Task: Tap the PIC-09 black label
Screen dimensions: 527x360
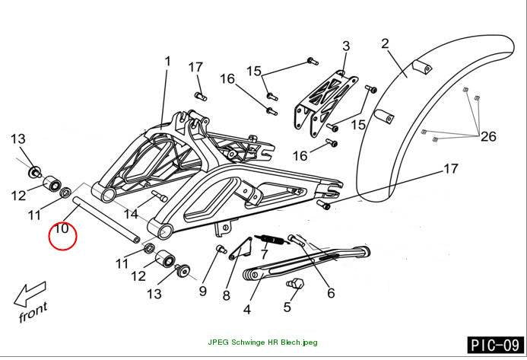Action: click(x=495, y=345)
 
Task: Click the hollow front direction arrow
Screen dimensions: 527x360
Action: click(x=30, y=294)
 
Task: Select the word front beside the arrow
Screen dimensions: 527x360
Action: click(x=33, y=313)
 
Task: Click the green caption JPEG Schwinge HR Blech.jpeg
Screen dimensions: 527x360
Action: click(x=262, y=342)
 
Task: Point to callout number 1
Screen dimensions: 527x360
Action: click(x=167, y=62)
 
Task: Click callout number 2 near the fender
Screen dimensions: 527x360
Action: click(x=385, y=43)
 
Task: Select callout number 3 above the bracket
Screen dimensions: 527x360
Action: click(x=346, y=46)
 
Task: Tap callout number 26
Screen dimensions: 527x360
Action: click(x=488, y=136)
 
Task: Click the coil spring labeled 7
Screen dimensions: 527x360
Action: click(x=271, y=240)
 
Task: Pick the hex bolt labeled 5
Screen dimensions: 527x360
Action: click(x=295, y=283)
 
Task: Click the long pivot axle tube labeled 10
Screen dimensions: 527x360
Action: click(x=106, y=219)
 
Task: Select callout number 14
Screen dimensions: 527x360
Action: click(x=130, y=215)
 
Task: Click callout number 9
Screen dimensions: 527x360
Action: click(x=202, y=291)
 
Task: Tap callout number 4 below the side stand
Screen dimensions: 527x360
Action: click(x=247, y=309)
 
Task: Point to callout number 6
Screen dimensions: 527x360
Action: click(x=331, y=293)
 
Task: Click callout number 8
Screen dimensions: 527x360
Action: click(x=227, y=295)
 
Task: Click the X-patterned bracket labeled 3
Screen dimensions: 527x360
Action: click(x=325, y=103)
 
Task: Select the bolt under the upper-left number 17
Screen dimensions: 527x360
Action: click(x=201, y=96)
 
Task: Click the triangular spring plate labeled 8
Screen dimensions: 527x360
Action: click(x=241, y=248)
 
